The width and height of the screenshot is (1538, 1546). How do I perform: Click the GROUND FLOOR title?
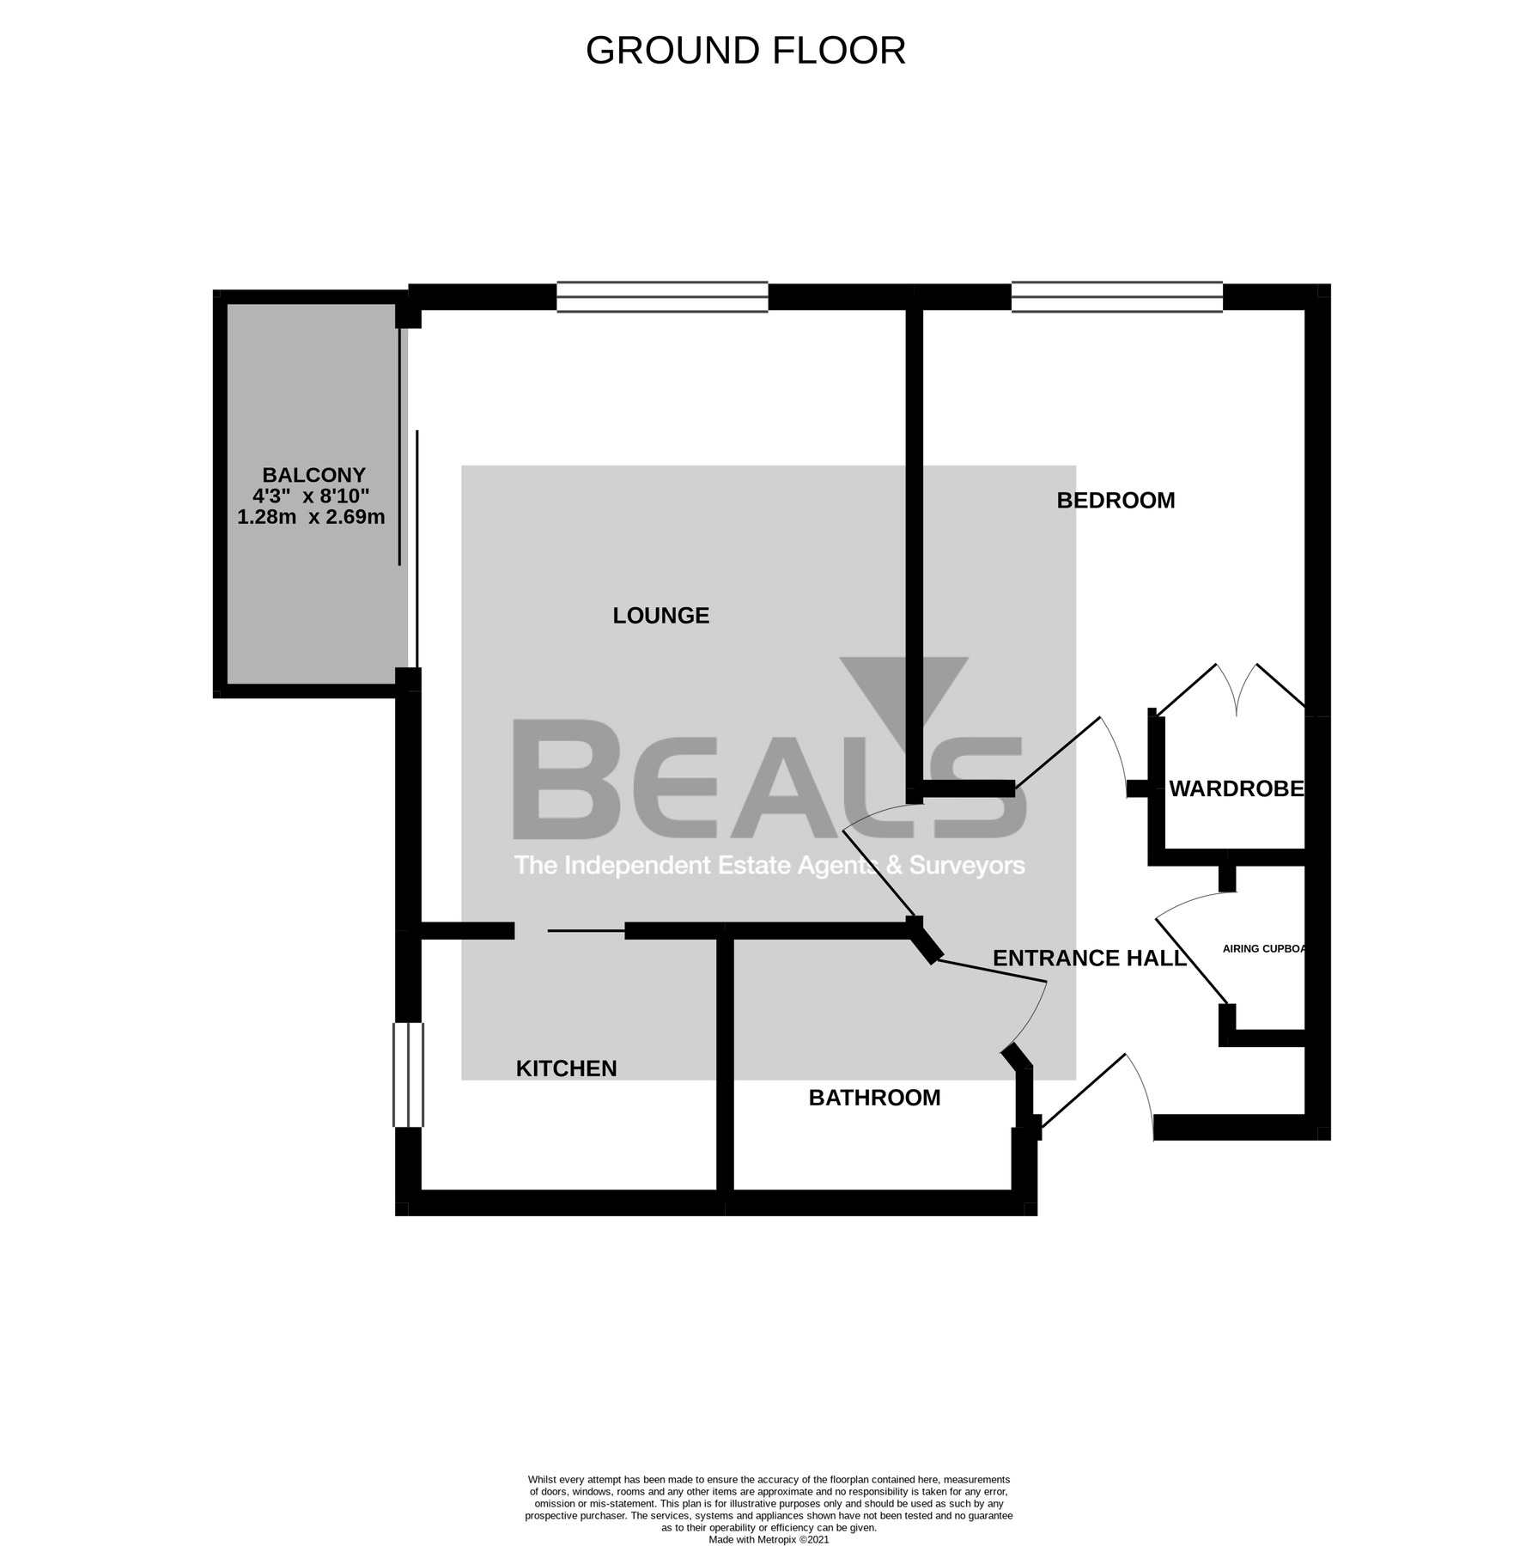745,51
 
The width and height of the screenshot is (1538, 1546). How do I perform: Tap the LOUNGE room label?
660,615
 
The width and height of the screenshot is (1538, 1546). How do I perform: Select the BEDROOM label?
1115,500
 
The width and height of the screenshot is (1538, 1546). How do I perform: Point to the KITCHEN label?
566,1068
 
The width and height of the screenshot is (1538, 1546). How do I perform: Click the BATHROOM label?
874,1097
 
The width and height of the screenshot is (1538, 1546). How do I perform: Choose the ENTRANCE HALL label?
1089,958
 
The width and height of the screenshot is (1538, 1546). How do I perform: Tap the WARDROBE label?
1236,788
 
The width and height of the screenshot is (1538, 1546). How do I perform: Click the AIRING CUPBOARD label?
1263,949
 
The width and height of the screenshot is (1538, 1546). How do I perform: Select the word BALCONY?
313,475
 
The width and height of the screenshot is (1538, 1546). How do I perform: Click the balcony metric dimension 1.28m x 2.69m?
311,517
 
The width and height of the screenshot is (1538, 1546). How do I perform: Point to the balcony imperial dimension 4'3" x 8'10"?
311,496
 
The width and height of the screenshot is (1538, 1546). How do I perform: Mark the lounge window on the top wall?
662,297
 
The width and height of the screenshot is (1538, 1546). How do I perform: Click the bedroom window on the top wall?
1116,297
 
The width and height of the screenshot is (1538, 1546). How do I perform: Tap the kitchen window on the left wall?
408,1074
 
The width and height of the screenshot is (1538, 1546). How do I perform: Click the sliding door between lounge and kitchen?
586,930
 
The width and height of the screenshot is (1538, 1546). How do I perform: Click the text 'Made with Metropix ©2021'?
769,1540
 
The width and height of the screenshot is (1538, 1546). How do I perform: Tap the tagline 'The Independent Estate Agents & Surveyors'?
769,865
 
